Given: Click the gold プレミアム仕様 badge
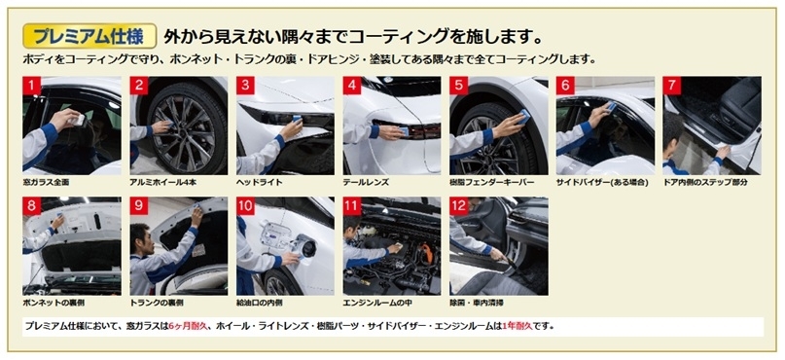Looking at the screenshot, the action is (90, 36).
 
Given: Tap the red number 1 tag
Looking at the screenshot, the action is (31, 86).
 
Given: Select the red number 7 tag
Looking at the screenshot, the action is (672, 86).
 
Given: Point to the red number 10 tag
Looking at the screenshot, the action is (245, 206).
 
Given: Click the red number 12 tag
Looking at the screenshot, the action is (458, 206).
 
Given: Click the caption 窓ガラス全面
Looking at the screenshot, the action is (46, 183).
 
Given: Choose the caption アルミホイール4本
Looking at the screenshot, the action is (162, 183).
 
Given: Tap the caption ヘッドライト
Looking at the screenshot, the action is (259, 183).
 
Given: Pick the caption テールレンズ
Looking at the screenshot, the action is (366, 183).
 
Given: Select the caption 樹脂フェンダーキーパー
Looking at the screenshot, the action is (491, 183).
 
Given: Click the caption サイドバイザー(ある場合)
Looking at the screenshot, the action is (602, 183).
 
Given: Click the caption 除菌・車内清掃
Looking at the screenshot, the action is (477, 303).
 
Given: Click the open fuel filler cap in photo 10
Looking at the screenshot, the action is (305, 246).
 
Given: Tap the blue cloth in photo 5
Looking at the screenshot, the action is (523, 116).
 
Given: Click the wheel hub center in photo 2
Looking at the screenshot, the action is (182, 126).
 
